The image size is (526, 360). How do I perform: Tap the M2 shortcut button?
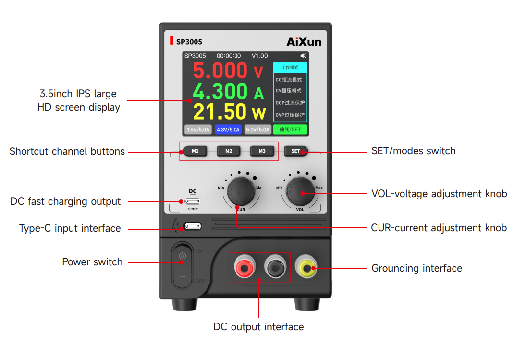coord(229,151)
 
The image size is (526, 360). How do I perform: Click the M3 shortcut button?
coord(262,151)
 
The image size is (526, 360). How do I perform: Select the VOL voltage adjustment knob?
coord(300,192)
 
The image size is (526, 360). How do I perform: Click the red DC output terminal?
coord(245,267)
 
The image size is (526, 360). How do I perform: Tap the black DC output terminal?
coord(275,267)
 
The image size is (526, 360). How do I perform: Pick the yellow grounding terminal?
coord(306,267)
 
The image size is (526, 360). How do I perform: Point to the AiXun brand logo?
coord(304,42)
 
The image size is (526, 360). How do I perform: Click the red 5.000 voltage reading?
coord(220,71)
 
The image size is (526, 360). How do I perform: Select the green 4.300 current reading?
coord(220,91)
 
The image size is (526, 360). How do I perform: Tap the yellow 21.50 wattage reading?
coord(220,112)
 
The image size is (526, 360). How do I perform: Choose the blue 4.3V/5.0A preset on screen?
coord(228,129)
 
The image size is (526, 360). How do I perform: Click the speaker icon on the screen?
coord(303,56)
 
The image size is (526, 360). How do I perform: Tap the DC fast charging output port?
coord(193,201)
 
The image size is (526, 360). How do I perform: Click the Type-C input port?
coord(193,226)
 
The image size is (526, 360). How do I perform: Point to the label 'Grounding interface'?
coord(416,268)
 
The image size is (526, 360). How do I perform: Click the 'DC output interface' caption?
coord(258,327)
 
